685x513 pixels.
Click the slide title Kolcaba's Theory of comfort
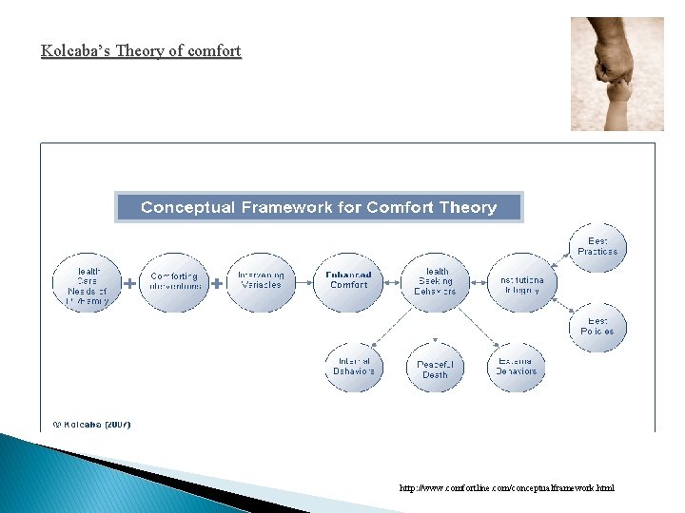tap(141, 50)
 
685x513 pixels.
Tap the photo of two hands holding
tap(616, 73)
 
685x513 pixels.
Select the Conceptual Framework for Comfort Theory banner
tap(319, 207)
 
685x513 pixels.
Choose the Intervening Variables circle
tap(261, 281)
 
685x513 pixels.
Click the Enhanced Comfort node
tap(348, 281)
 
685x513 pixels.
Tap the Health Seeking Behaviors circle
tap(435, 282)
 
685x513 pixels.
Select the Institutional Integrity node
tap(520, 284)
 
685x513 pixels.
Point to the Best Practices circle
tap(597, 247)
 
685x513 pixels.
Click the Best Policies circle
tap(597, 327)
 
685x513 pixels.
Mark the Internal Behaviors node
tap(354, 366)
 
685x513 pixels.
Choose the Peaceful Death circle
tap(435, 370)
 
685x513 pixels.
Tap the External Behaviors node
tap(517, 366)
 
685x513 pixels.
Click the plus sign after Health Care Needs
tap(129, 283)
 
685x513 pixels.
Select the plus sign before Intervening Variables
tap(217, 283)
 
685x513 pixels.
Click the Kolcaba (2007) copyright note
tap(91, 424)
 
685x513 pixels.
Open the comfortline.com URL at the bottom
tap(507, 488)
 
